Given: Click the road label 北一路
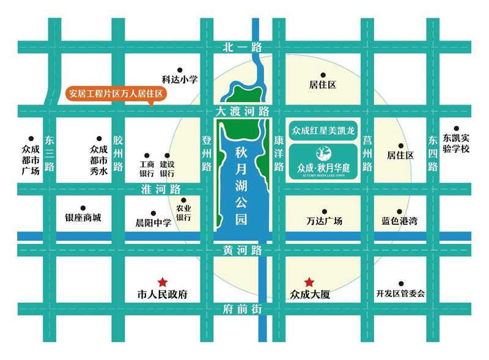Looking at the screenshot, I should pos(243,48).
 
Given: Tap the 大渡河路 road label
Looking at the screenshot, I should pos(243,111).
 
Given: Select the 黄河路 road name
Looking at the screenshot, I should pos(243,250).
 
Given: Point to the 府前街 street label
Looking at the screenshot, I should pos(243,310).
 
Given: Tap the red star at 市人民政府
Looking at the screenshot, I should pos(163,282).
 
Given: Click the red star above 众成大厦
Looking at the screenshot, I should pos(310,282).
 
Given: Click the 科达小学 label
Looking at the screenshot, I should pos(180,79).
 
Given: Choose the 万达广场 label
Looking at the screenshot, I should pos(324,221).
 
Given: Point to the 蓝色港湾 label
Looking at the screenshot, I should pos(399,221).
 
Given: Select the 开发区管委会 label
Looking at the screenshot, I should pos(400,294).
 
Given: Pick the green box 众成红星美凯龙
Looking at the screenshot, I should pos(323,130).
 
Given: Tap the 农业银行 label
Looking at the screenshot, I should pos(184,212).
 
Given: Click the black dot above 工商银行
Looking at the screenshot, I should pos(146,155).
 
